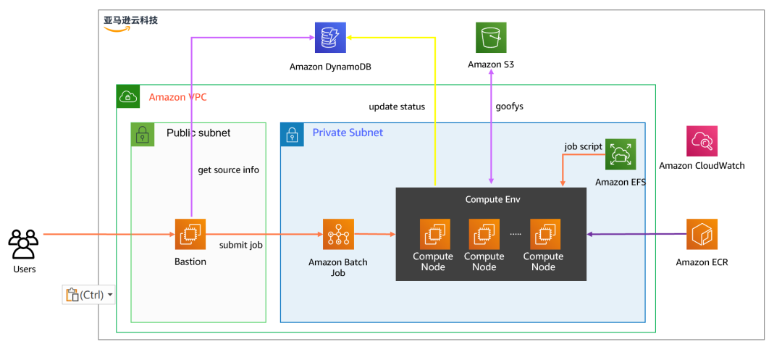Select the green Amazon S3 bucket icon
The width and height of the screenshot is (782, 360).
491,38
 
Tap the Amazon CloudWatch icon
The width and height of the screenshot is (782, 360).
702,141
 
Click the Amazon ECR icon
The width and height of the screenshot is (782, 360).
702,234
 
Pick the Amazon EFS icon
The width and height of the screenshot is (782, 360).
621,154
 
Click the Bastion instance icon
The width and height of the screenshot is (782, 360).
190,234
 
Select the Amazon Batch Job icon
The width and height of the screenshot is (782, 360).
337,234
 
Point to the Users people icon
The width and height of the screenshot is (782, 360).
23,244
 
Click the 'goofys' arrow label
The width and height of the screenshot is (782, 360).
510,106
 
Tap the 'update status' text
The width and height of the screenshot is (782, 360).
397,106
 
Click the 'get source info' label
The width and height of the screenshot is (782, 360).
229,170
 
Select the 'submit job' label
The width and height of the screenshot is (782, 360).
240,246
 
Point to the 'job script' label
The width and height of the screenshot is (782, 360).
583,146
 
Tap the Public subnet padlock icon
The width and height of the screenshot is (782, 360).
143,134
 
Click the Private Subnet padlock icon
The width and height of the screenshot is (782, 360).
292,134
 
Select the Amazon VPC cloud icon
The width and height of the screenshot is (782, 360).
128,96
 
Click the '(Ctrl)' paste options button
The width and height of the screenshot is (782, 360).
89,295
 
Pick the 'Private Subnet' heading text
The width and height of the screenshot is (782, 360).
348,133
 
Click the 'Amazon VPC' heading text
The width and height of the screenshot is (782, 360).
177,97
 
